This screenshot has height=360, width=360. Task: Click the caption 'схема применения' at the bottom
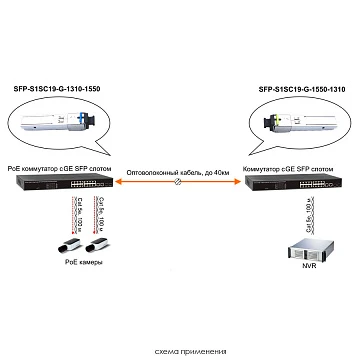pyautogui.click(x=179, y=351)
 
